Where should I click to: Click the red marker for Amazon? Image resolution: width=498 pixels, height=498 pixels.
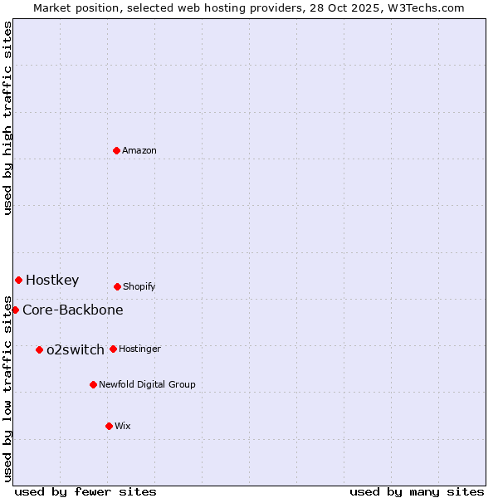coord(116,150)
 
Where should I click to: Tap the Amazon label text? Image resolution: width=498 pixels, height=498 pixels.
coord(139,151)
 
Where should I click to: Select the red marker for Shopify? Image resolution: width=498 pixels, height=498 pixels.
coord(117,286)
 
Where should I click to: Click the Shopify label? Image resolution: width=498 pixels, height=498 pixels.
coord(139,287)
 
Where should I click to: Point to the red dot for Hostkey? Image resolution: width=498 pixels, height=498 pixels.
coord(18,280)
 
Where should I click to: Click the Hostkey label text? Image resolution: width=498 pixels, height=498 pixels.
coord(52,281)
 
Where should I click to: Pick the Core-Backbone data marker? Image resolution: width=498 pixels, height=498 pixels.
coord(15,310)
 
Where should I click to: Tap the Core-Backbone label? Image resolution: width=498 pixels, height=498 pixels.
coord(73,310)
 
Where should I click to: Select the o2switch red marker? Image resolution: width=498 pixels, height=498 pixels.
coord(39,349)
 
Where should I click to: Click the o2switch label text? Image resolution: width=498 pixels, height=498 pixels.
coord(76,350)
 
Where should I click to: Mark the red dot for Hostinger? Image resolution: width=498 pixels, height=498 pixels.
coord(113,349)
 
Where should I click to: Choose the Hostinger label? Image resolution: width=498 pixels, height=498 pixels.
coord(139,349)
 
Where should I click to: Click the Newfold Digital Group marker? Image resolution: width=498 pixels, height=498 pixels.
coord(93,384)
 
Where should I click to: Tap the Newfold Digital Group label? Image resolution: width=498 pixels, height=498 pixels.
coord(147,385)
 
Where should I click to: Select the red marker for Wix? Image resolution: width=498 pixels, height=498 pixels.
coord(109,426)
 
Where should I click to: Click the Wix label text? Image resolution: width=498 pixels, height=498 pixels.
coord(123,427)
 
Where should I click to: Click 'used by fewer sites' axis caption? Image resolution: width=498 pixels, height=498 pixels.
coord(85,492)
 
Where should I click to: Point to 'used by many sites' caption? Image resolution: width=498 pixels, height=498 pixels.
coord(417,492)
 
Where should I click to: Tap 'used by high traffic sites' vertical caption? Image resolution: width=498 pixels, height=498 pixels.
coord(7,118)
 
